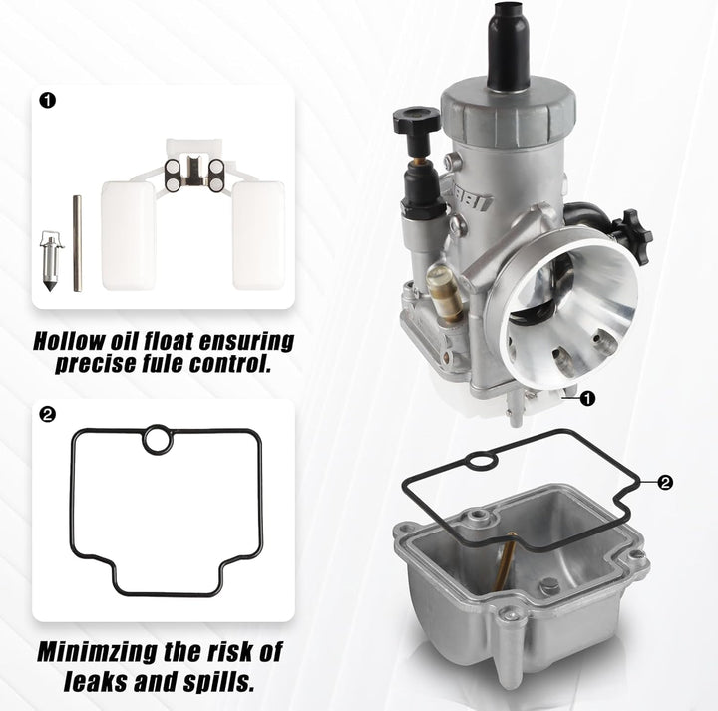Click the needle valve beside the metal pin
(47, 261)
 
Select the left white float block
(128, 233)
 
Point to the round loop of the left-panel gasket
(157, 439)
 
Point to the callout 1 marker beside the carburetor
(588, 399)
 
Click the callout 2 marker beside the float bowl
(666, 483)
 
